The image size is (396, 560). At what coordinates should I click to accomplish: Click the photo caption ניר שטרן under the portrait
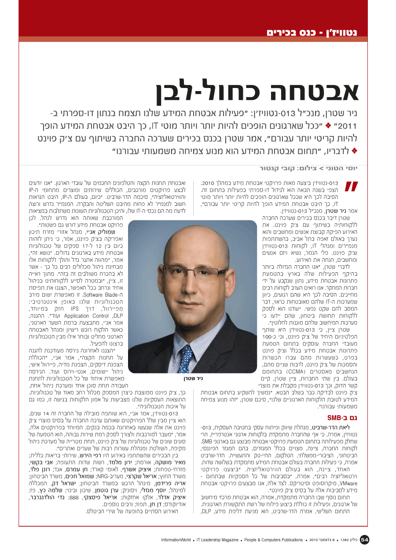pos(192,377)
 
